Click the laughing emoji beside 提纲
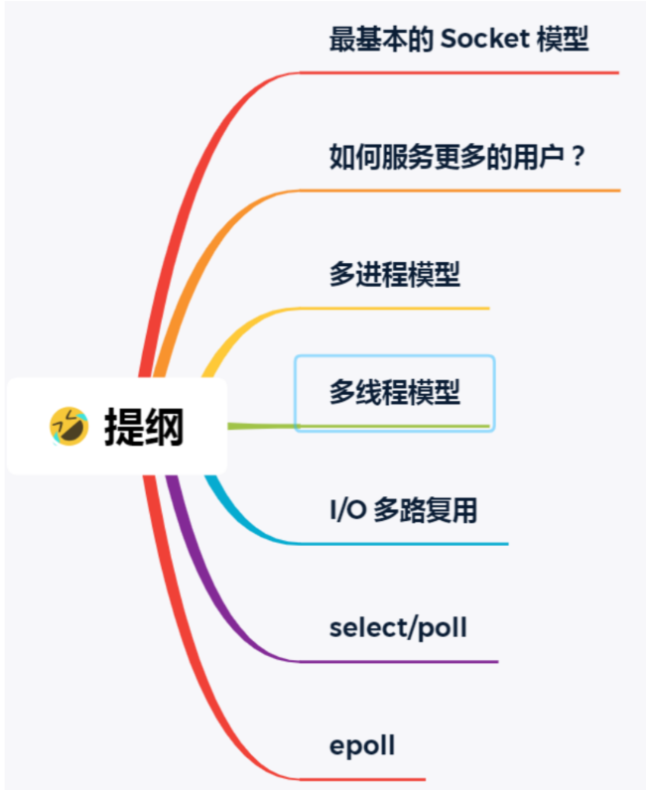(x=68, y=426)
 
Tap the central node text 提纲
(x=144, y=427)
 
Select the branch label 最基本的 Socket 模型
(x=458, y=40)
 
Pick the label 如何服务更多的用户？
(x=457, y=156)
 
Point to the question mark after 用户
(x=577, y=156)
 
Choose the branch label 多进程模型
(x=395, y=274)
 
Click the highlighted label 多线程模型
(x=395, y=392)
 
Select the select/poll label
(x=398, y=627)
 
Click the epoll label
(x=362, y=745)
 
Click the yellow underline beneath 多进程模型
(x=397, y=309)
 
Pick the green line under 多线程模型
(x=397, y=426)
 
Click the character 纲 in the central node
(x=165, y=427)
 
